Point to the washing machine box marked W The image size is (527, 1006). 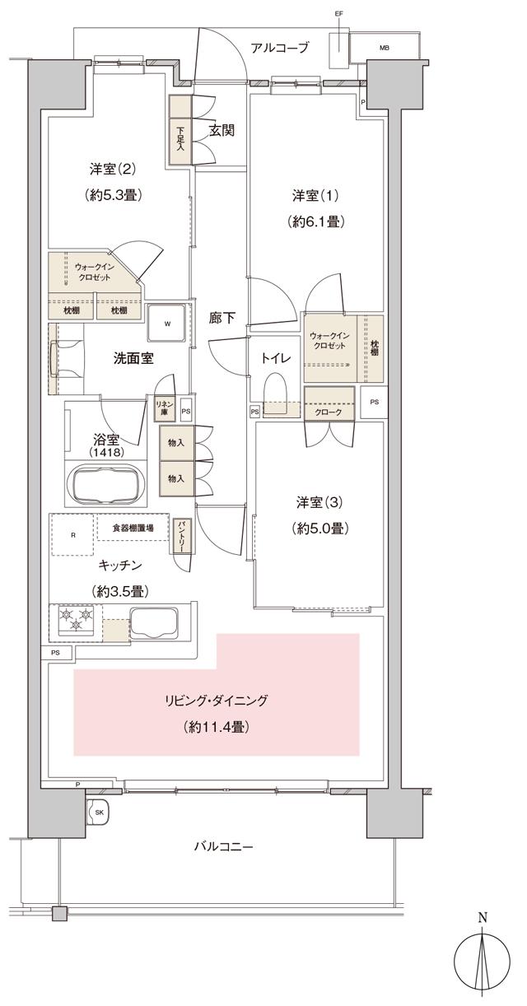click(167, 323)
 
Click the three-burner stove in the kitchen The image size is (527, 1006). click(76, 618)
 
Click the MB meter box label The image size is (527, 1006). click(384, 48)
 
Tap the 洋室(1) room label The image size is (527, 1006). click(316, 196)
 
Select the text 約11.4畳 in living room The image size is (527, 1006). click(217, 727)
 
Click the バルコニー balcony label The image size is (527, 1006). click(223, 846)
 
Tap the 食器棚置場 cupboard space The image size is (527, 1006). click(133, 527)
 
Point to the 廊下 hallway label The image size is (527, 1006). click(217, 319)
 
